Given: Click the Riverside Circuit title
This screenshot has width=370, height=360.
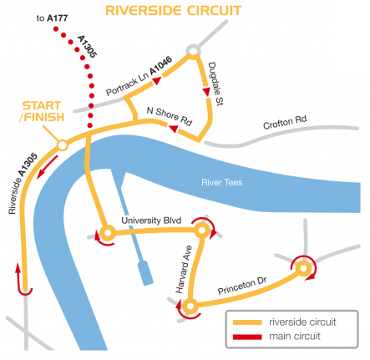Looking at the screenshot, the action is click(x=173, y=11).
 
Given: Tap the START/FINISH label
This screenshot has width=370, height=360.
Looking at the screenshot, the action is click(x=43, y=111).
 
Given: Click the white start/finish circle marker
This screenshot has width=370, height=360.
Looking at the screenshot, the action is click(x=63, y=145).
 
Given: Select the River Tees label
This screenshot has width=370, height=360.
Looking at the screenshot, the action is click(x=222, y=182).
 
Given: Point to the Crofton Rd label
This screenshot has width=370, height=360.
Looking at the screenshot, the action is click(x=285, y=122).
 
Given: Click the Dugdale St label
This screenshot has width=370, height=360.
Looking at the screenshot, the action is click(x=215, y=84).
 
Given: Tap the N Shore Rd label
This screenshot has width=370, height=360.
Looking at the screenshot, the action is click(x=170, y=116).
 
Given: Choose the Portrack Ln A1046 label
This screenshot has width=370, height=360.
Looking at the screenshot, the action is click(x=139, y=76).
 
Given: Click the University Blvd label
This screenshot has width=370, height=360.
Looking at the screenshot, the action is click(x=151, y=221).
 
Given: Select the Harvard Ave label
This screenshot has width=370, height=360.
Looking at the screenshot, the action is click(x=184, y=270).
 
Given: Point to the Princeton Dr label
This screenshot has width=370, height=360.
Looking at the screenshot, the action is click(x=242, y=286).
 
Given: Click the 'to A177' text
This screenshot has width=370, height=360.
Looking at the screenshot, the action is click(x=52, y=18).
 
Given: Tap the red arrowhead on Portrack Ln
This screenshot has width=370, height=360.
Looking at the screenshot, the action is click(x=157, y=80).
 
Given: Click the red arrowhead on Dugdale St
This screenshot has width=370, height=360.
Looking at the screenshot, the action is click(x=206, y=92).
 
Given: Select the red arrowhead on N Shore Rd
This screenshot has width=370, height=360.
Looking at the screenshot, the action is click(x=174, y=129).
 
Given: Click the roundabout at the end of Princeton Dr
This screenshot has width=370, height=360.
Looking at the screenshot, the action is click(x=303, y=269).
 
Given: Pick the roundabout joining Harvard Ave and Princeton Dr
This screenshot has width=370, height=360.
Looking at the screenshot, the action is click(x=190, y=307).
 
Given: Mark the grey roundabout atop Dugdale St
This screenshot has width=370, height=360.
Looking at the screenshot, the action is click(x=193, y=51).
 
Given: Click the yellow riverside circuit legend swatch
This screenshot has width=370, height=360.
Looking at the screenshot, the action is click(x=247, y=322).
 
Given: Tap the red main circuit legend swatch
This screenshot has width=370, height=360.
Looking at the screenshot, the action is click(x=247, y=337).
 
